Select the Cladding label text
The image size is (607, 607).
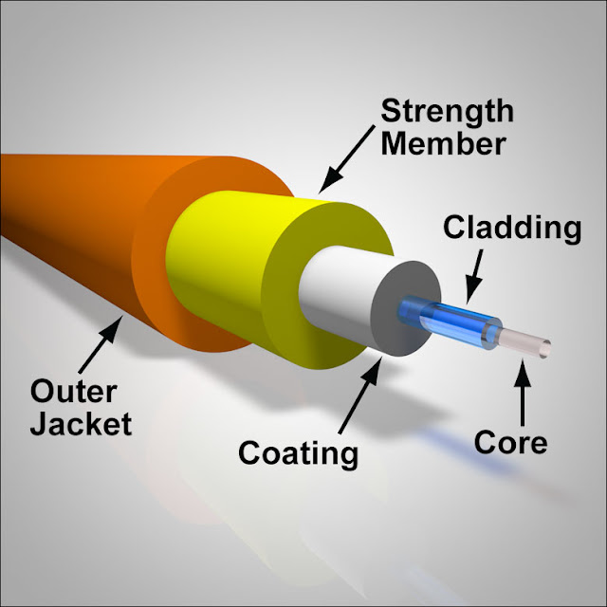[512, 228]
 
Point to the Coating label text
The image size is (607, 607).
[298, 452]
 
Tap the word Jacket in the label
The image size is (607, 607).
[81, 424]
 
